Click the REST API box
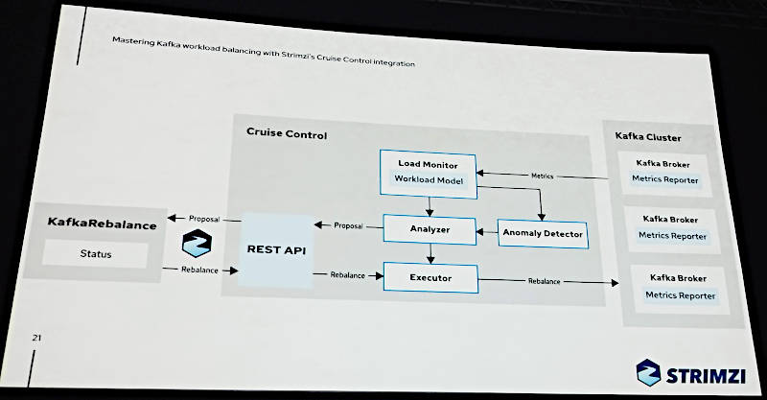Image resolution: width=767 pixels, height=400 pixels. coord(275,250)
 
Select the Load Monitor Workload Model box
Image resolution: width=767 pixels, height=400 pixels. coord(427,173)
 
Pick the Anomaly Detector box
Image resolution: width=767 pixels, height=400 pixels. coord(542,233)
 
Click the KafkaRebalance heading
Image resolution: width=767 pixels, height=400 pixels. coord(101,224)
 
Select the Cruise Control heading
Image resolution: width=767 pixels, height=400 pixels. coord(286,134)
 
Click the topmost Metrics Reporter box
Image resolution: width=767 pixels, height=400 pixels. coord(664,179)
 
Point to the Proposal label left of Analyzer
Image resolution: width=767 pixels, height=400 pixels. coord(348,225)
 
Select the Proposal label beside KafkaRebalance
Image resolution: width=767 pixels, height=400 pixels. coord(203,219)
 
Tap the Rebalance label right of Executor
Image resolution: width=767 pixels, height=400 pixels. coord(544,281)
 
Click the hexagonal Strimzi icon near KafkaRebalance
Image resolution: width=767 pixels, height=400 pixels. coord(197,244)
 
